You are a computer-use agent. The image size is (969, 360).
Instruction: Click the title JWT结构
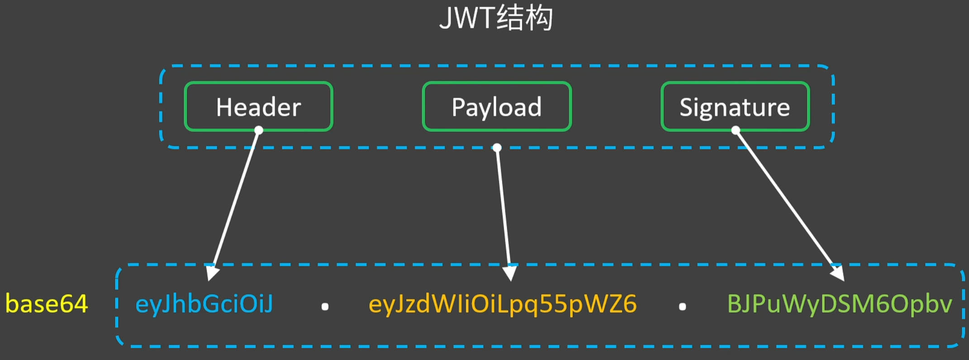[496, 19]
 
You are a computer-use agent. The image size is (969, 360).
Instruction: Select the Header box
[259, 107]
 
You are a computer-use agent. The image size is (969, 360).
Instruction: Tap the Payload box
[497, 107]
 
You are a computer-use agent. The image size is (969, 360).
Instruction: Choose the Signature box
[735, 107]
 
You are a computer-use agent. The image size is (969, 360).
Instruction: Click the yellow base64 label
[47, 304]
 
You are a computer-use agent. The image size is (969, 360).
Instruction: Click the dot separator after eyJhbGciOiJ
[325, 307]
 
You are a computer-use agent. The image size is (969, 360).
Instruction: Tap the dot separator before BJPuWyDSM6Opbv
[682, 307]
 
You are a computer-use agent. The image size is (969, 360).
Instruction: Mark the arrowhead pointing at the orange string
[510, 273]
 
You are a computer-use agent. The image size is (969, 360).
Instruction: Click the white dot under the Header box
[259, 130]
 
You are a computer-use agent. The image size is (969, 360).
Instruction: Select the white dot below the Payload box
[497, 147]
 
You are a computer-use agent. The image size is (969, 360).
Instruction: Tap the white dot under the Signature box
[736, 130]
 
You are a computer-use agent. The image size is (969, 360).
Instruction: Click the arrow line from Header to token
[235, 202]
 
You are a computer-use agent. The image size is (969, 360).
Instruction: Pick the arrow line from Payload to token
[503, 211]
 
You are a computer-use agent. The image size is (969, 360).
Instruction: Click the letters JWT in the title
[467, 19]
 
